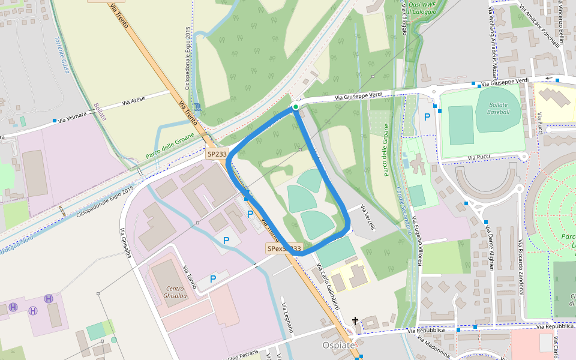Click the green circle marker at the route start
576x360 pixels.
295,107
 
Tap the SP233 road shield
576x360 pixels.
217,154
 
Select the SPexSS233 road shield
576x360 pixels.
284,248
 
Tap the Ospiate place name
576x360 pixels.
338,346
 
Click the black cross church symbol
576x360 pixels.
355,322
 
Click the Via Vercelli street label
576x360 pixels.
368,217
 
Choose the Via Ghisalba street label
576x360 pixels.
125,243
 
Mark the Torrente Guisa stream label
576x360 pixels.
63,52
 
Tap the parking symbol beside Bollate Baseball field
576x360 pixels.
427,117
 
